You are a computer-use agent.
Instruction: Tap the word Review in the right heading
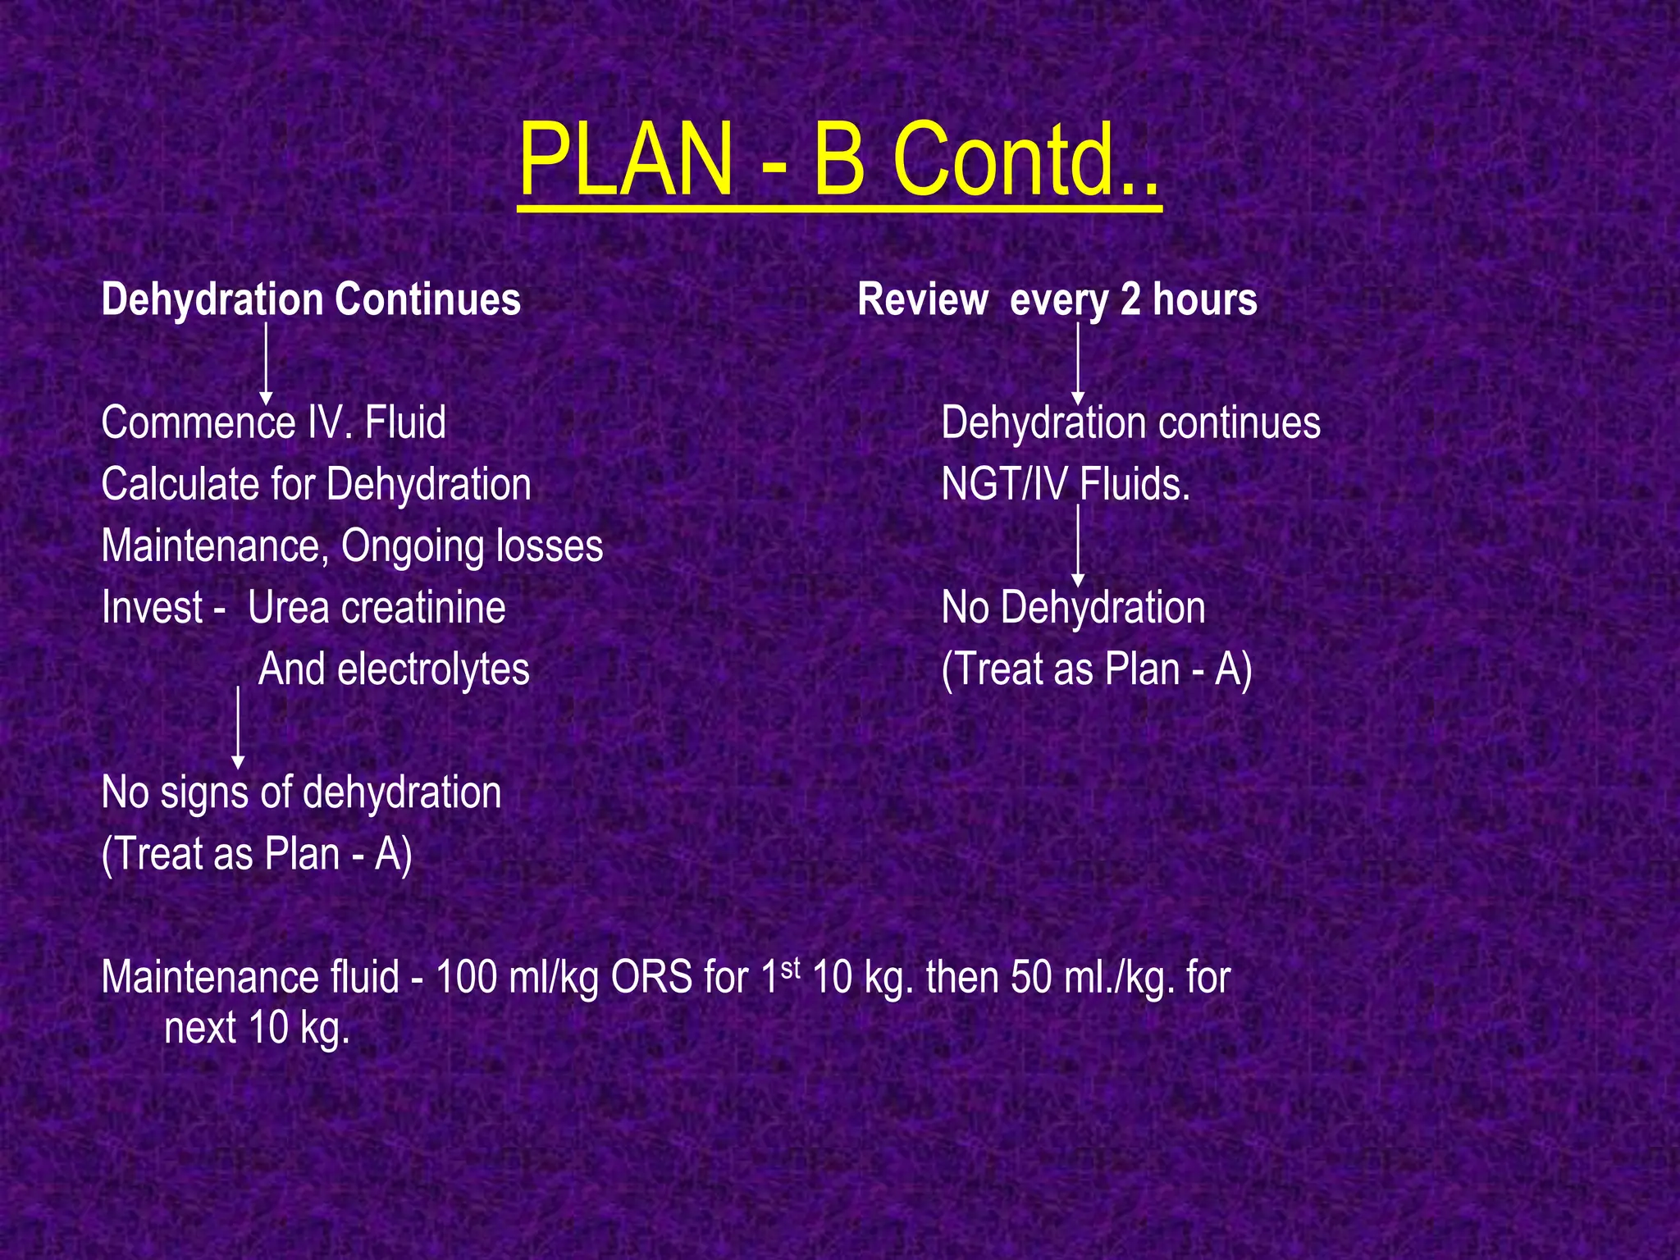click(x=922, y=299)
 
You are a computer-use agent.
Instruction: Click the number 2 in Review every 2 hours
click(x=1130, y=299)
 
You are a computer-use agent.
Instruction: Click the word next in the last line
click(x=200, y=1028)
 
